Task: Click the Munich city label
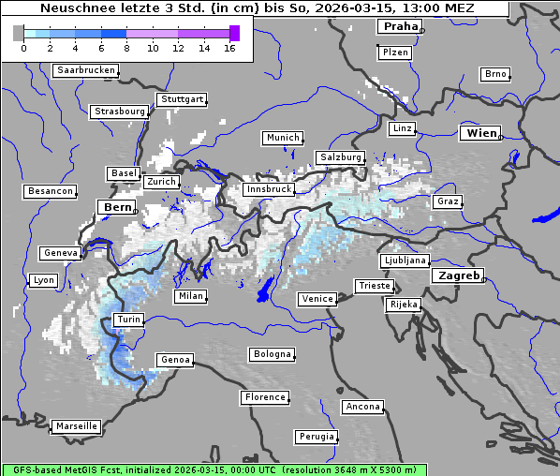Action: click(283, 138)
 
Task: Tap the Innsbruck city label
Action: click(268, 189)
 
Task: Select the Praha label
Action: click(400, 26)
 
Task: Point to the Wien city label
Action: click(481, 134)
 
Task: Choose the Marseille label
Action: click(76, 426)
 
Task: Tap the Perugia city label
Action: click(317, 437)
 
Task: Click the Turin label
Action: click(128, 320)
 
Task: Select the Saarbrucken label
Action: click(86, 70)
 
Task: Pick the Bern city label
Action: click(117, 207)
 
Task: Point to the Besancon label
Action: click(51, 191)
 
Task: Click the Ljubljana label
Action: click(405, 260)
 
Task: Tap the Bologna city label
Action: click(272, 354)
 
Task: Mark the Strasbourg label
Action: click(120, 112)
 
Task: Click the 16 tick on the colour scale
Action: click(229, 48)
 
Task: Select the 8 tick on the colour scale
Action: click(126, 48)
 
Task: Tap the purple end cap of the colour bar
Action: click(234, 33)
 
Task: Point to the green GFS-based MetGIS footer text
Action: click(214, 469)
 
